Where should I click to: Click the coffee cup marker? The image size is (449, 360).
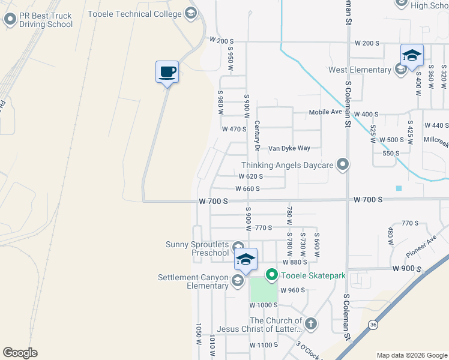pos(167,72)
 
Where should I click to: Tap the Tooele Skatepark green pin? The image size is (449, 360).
pos(271,275)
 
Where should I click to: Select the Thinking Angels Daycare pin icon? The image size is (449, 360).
pos(343,164)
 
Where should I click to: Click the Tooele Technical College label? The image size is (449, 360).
pos(134,13)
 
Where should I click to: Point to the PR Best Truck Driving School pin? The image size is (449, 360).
pos(10,20)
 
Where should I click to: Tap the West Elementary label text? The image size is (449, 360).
pos(360,70)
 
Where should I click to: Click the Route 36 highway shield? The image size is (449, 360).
pos(373,325)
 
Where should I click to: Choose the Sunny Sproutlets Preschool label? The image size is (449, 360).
pos(197,248)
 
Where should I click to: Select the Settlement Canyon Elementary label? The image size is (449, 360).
pos(193,281)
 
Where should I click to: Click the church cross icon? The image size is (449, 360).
pos(310,325)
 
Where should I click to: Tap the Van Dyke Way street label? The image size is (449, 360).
pos(289,148)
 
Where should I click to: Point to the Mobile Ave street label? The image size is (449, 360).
pos(325,112)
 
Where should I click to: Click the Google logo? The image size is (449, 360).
pos(20,353)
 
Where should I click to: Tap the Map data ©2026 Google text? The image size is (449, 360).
pos(411,355)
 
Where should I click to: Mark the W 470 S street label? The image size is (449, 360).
pos(234,129)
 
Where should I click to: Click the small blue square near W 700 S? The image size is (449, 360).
pos(399,188)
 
